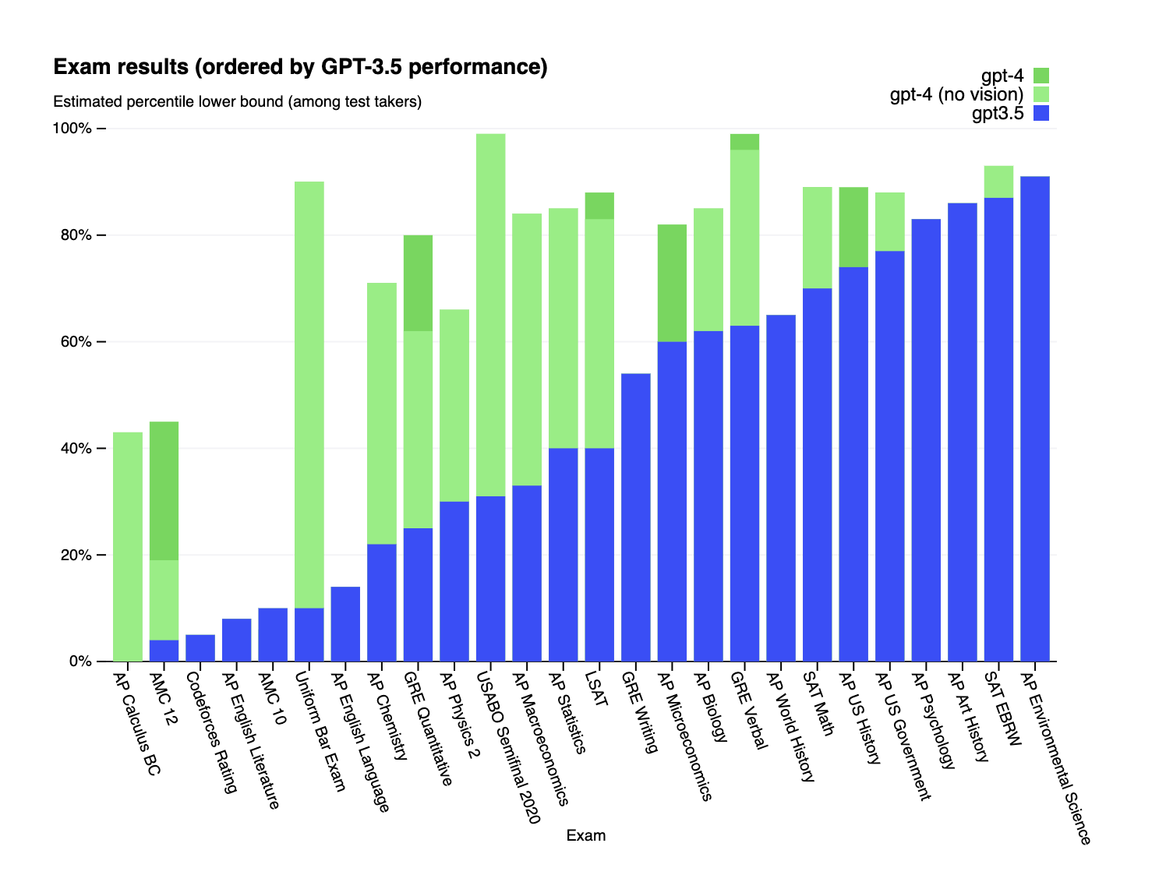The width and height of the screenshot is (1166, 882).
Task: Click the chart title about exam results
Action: click(x=300, y=68)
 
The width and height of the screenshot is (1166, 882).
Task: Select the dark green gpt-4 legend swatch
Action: click(x=1041, y=76)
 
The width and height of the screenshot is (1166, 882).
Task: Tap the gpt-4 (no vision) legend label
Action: click(x=956, y=94)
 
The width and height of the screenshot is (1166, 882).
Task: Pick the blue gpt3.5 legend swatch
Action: click(x=1041, y=113)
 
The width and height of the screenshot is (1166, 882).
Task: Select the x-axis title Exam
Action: click(x=585, y=836)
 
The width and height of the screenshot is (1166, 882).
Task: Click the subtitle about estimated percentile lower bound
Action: click(x=237, y=102)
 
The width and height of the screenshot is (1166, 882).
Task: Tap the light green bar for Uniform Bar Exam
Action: click(x=309, y=390)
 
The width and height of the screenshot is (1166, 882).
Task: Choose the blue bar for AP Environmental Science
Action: click(x=1035, y=421)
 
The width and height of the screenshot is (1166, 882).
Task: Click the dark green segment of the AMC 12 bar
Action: click(x=164, y=491)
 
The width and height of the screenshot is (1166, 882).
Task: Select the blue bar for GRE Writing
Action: click(x=636, y=518)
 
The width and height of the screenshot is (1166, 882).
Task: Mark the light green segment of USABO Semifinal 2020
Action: click(x=491, y=312)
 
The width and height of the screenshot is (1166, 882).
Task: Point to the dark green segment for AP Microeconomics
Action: click(x=672, y=283)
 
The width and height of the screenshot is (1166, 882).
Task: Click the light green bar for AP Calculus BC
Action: click(x=128, y=545)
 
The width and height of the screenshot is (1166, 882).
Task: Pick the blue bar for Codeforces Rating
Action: click(x=200, y=648)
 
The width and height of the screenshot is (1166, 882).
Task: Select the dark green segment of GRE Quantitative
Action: click(x=418, y=283)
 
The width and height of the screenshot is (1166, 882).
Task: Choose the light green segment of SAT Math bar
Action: click(x=817, y=238)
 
